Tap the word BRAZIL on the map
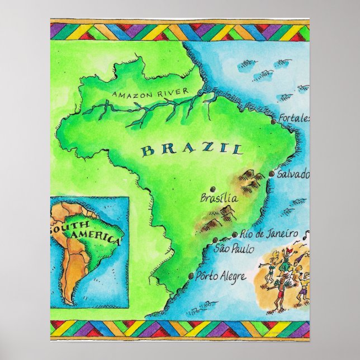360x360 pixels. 192,149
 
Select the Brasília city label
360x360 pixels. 219,198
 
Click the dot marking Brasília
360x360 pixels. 213,189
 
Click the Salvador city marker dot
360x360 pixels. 272,174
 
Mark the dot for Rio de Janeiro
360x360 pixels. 234,235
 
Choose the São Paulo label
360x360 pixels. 234,248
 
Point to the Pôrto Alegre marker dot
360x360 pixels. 192,276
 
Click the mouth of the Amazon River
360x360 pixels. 206,89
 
